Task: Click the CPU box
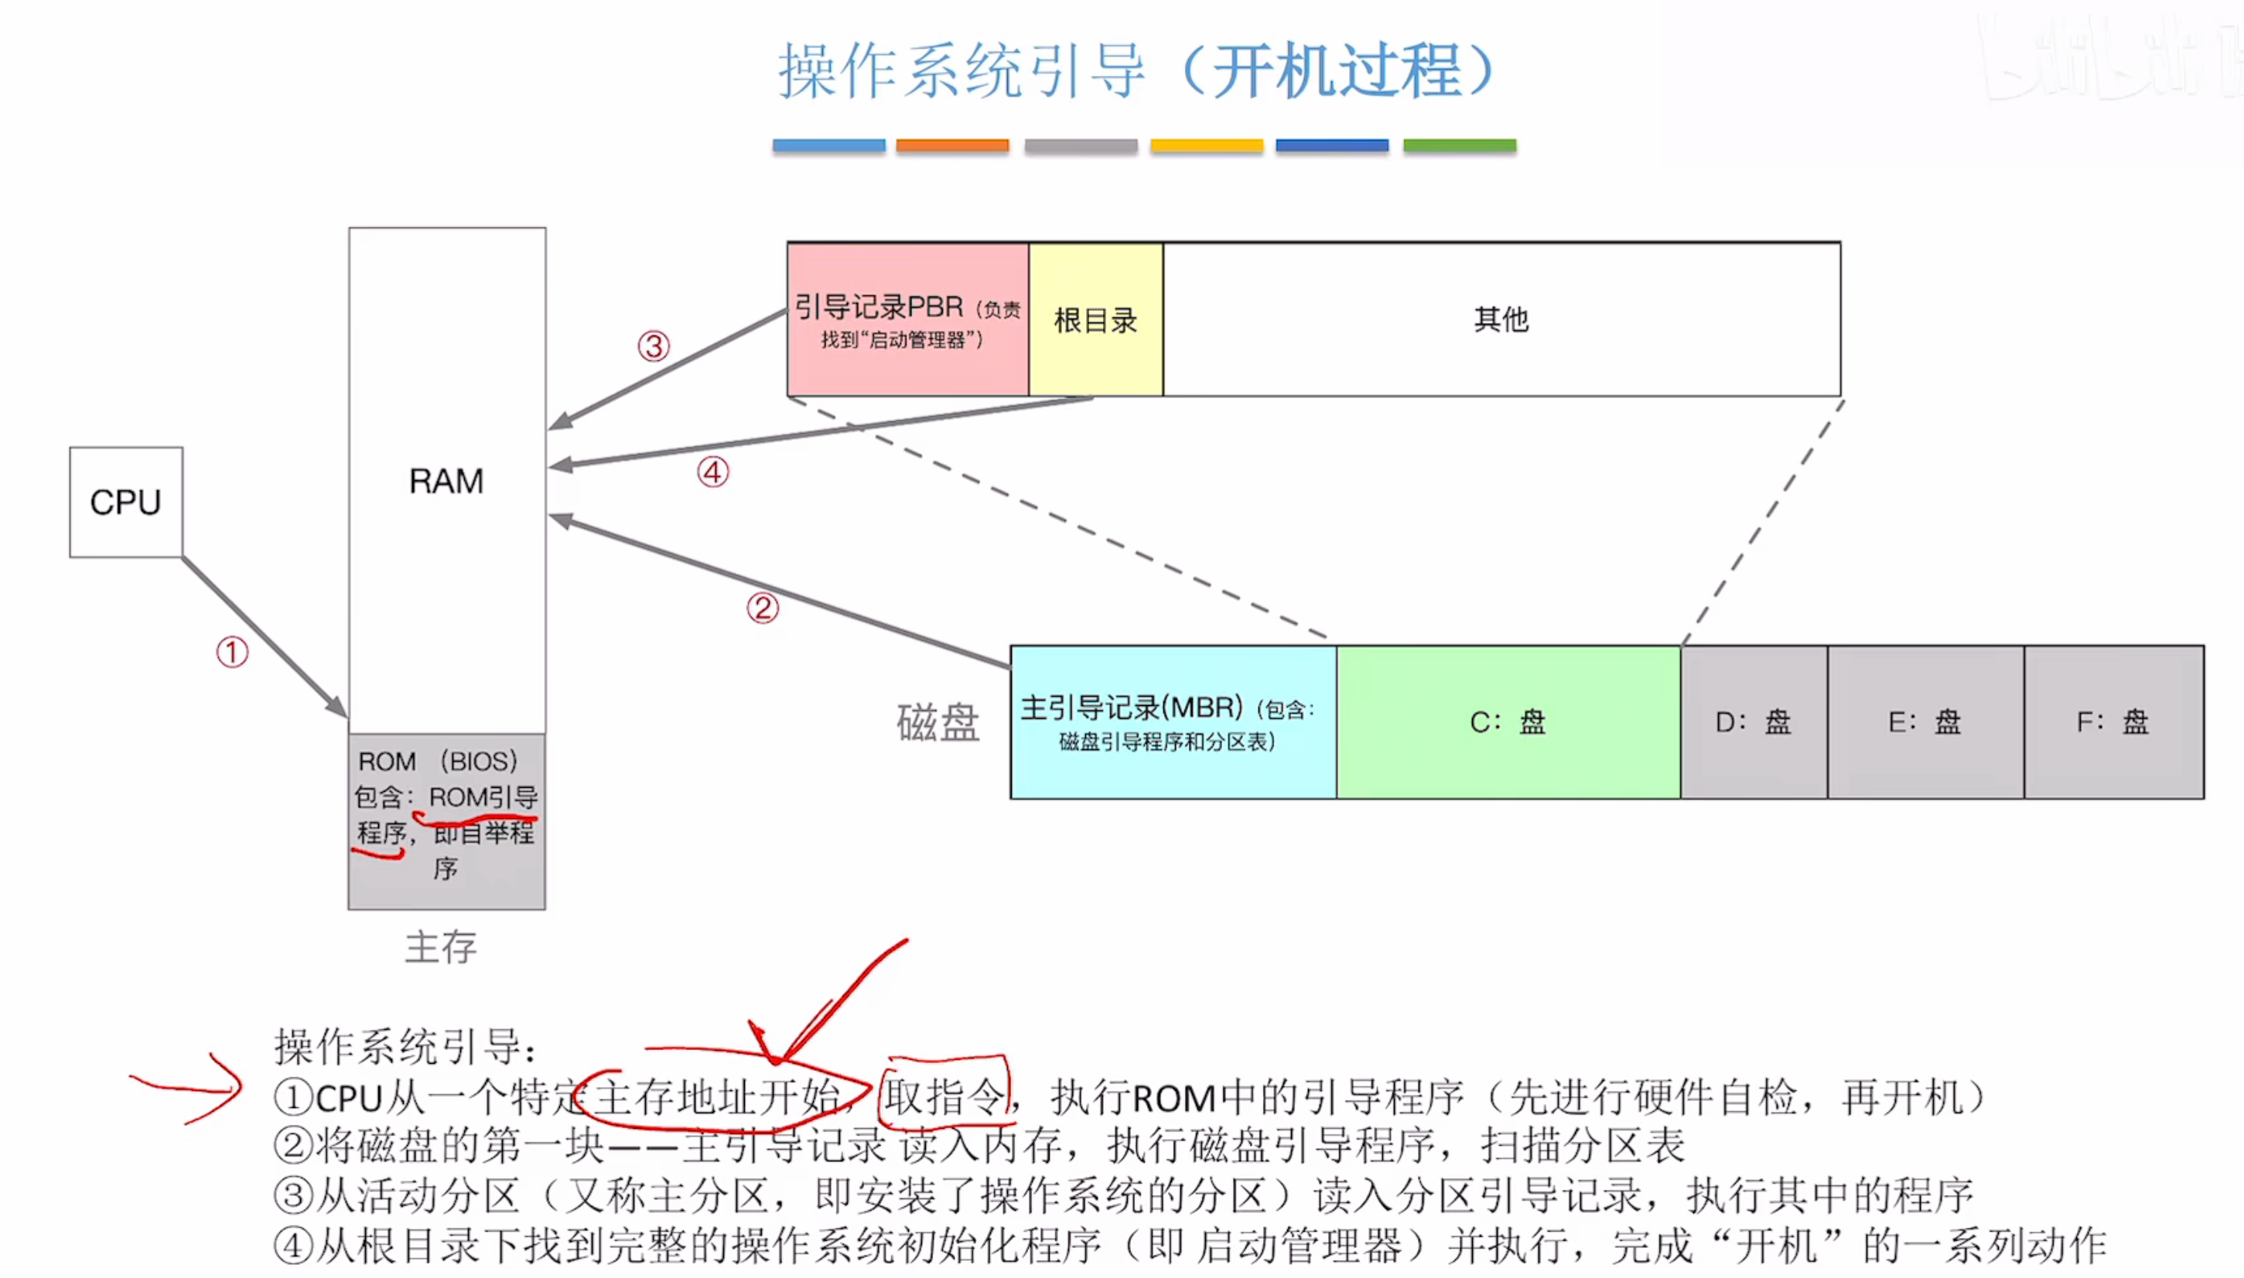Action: coord(125,502)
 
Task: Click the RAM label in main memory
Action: coord(446,481)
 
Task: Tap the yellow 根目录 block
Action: coord(1095,319)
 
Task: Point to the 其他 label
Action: coord(1501,319)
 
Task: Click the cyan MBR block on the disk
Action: coord(1173,722)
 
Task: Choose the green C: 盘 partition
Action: coord(1508,722)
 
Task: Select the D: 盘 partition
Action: coord(1754,722)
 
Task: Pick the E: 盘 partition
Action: coord(1925,722)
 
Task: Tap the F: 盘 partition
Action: coord(2113,722)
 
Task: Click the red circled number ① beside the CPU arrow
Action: coord(233,653)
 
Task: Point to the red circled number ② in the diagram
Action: coord(762,608)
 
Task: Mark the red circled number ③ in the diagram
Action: coord(653,346)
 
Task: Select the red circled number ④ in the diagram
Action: coord(713,472)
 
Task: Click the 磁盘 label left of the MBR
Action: coord(938,723)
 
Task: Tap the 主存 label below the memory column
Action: coord(441,947)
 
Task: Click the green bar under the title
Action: coord(1459,145)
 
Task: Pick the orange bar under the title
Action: coord(951,145)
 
